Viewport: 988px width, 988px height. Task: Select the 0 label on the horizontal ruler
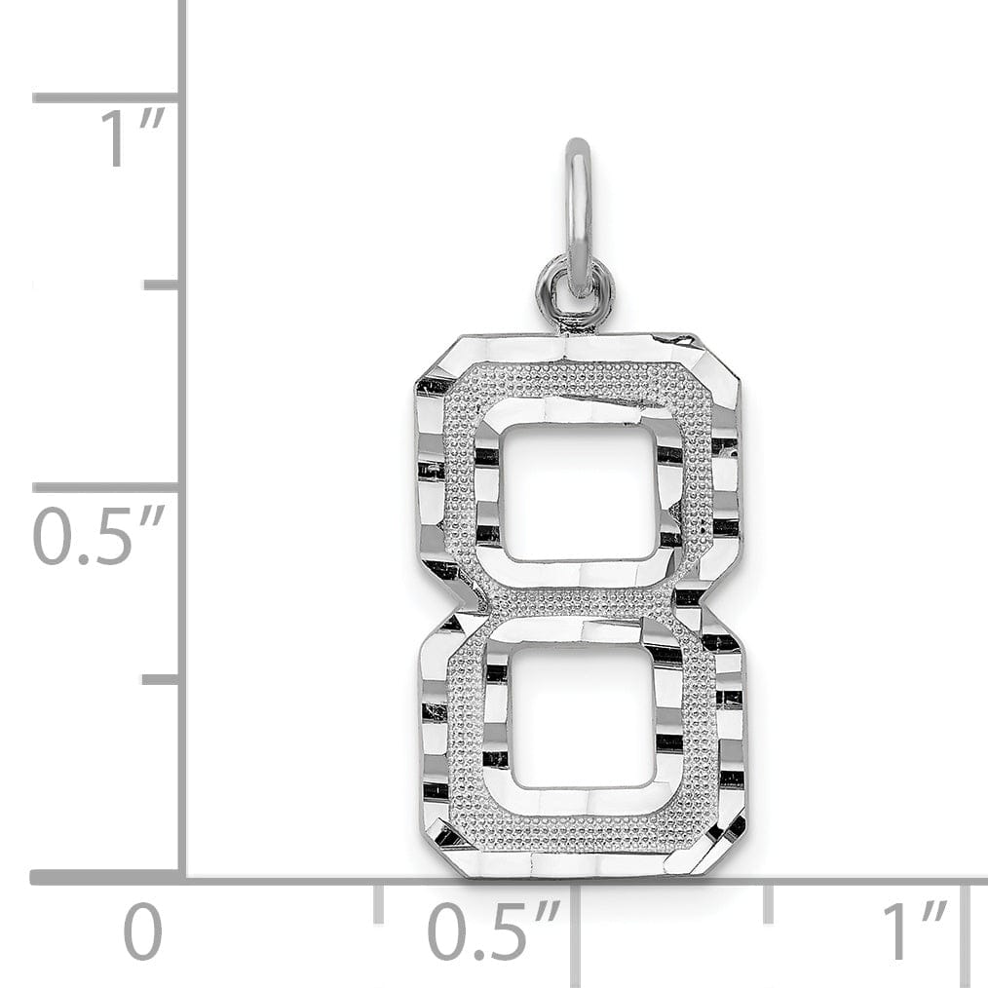point(142,932)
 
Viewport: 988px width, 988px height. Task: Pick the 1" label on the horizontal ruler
point(914,932)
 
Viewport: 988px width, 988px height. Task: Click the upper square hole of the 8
point(580,493)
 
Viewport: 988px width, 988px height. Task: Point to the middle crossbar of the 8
point(582,600)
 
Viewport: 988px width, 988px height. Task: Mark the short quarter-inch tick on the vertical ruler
point(162,678)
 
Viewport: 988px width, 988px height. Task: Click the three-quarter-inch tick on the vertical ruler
point(162,285)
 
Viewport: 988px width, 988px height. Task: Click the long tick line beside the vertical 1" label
point(105,97)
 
